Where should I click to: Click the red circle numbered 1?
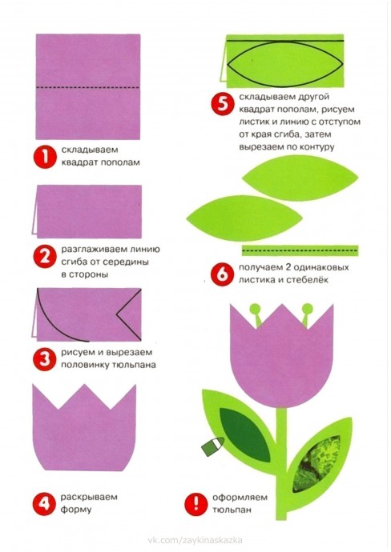pyautogui.click(x=45, y=157)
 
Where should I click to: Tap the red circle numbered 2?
pyautogui.click(x=45, y=257)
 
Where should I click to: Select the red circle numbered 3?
pyautogui.click(x=44, y=359)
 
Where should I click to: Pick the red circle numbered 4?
pyautogui.click(x=44, y=504)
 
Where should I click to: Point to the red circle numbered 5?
pyautogui.click(x=222, y=103)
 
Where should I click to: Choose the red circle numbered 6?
pyautogui.click(x=222, y=274)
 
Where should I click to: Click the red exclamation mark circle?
pyautogui.click(x=195, y=505)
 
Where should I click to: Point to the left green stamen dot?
pyautogui.click(x=255, y=310)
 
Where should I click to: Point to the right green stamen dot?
pyautogui.click(x=308, y=310)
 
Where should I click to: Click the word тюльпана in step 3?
pyautogui.click(x=134, y=365)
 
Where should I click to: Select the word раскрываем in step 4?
pyautogui.click(x=89, y=497)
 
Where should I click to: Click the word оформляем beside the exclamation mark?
pyautogui.click(x=240, y=498)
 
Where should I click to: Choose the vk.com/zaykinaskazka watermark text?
pyautogui.click(x=195, y=540)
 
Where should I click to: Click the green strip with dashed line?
pyautogui.click(x=300, y=250)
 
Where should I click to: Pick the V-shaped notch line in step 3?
pyautogui.click(x=129, y=314)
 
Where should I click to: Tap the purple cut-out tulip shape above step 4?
pyautogui.click(x=84, y=427)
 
